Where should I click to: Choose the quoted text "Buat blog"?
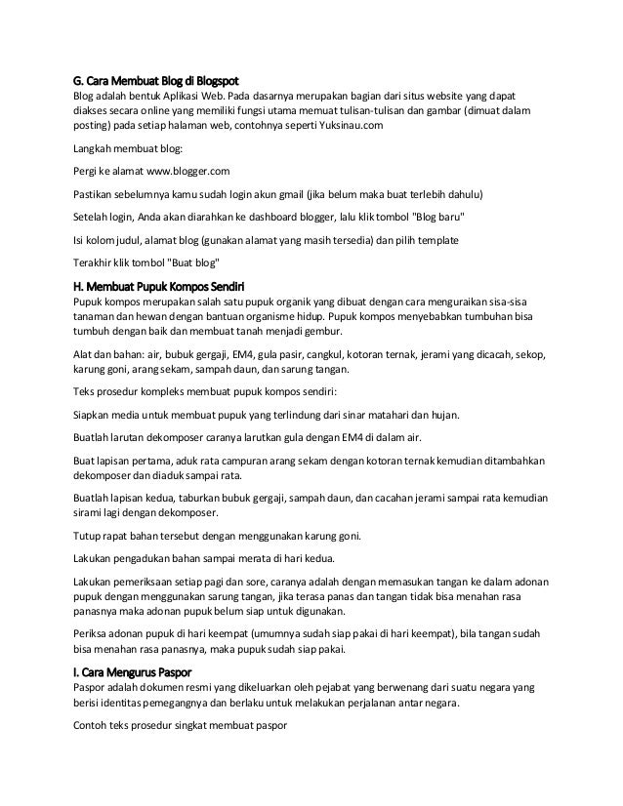(189, 262)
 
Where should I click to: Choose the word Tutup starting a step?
(89, 536)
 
